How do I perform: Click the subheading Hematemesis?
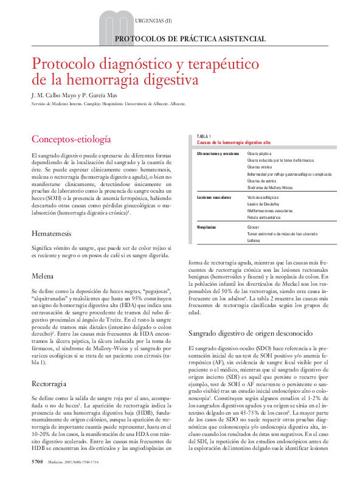(x=51, y=234)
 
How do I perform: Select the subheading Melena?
(x=43, y=276)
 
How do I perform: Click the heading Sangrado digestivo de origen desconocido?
(x=251, y=333)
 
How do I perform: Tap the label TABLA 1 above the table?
(x=204, y=136)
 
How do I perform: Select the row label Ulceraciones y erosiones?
(x=218, y=154)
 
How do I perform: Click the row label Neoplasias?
(x=207, y=227)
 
